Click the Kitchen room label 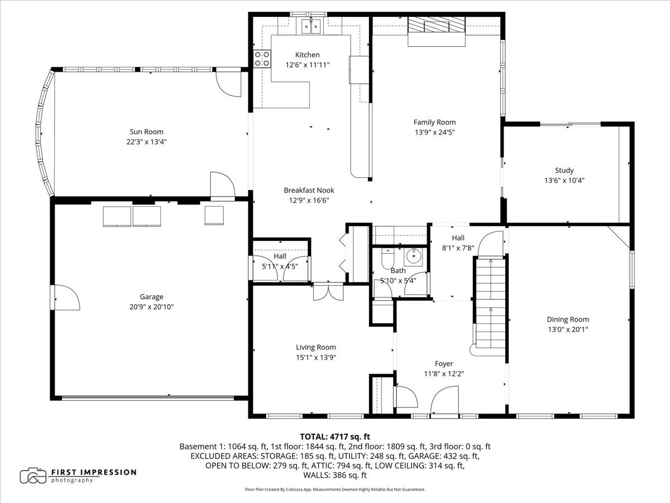[x=307, y=55]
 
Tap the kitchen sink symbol [x=310, y=25]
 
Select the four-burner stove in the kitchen [x=262, y=59]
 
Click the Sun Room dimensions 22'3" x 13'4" [x=146, y=142]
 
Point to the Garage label [x=151, y=297]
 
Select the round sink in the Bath [x=414, y=258]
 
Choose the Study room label [x=564, y=170]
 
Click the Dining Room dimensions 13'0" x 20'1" [x=567, y=330]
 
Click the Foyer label [x=444, y=364]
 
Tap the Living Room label [x=315, y=347]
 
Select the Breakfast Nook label [x=309, y=190]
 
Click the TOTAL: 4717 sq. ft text [x=335, y=436]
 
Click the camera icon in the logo [x=33, y=476]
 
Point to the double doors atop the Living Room [x=328, y=292]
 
